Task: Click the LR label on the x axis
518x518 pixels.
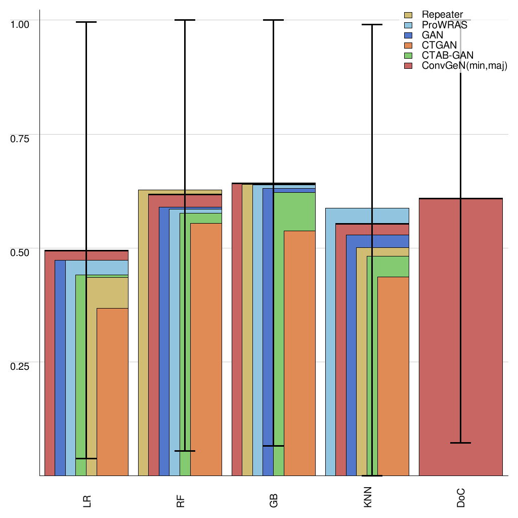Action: tap(87, 501)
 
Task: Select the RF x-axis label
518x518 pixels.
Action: tap(180, 501)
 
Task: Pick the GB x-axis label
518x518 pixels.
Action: tap(274, 501)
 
